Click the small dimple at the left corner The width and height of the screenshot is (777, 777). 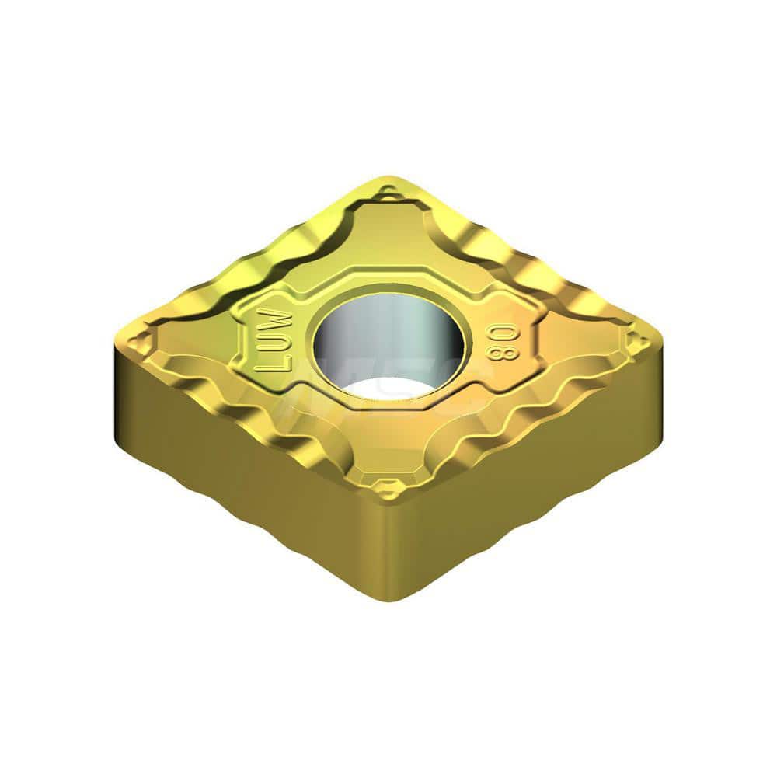[141, 340]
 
